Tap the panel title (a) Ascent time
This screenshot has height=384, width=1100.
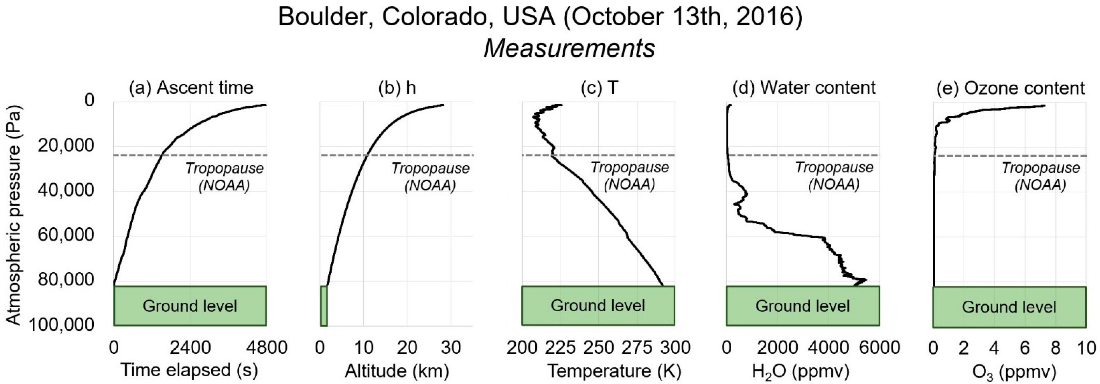click(x=191, y=88)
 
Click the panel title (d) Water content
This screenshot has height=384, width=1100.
click(x=804, y=88)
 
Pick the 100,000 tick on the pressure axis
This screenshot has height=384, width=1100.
click(x=63, y=325)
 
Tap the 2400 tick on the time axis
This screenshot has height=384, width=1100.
click(x=190, y=348)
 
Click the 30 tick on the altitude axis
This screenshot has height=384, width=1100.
click(x=451, y=348)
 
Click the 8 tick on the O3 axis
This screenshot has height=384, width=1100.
click(x=1055, y=348)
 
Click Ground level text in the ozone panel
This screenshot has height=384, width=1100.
click(x=1009, y=307)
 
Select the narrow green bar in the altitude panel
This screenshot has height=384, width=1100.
click(x=324, y=306)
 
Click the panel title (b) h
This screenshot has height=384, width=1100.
click(x=397, y=88)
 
